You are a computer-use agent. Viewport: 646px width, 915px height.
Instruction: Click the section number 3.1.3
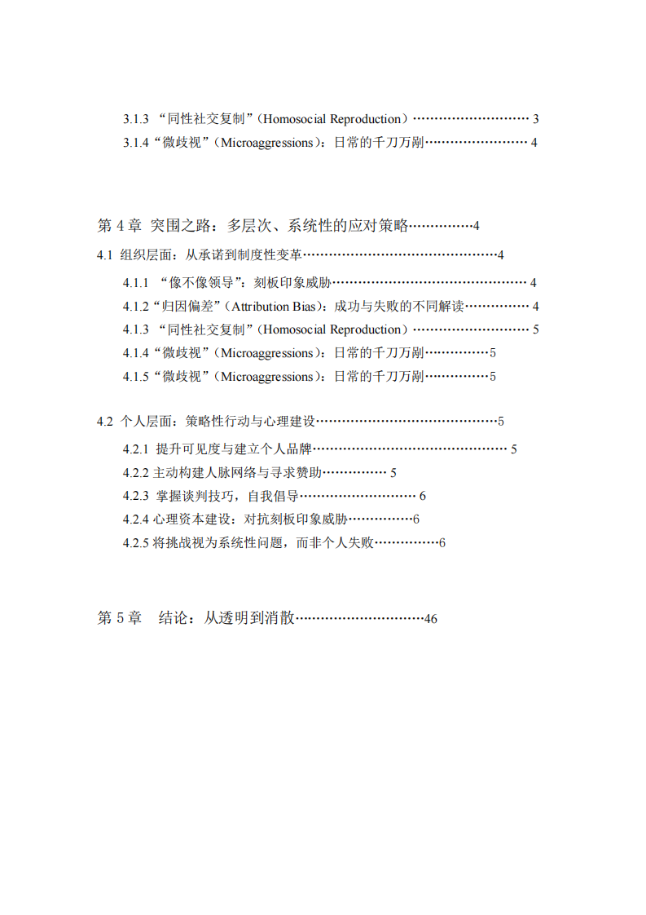tap(136, 119)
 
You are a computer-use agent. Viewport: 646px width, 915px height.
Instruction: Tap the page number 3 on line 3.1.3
tap(536, 119)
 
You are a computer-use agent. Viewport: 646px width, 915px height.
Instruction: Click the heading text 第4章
tap(120, 226)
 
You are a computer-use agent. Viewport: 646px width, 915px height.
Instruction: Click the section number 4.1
tap(104, 255)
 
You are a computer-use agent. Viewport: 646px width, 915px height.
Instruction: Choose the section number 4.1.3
tap(136, 330)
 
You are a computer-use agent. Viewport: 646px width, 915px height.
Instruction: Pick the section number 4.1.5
tap(136, 377)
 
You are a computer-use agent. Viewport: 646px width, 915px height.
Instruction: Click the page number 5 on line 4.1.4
tap(493, 353)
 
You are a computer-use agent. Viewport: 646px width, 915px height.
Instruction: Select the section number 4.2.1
tap(136, 449)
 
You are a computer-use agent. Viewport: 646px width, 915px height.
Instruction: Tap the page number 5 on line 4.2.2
tap(393, 473)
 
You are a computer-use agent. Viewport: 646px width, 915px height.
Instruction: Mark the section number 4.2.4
tap(136, 519)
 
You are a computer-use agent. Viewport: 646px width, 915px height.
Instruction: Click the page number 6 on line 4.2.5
tap(442, 543)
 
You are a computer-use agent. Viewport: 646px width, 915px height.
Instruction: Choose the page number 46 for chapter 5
tap(431, 619)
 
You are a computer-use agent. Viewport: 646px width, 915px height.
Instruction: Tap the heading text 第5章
tap(120, 619)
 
